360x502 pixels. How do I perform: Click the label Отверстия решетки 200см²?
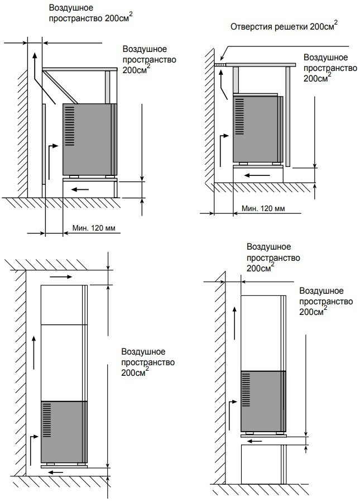click(x=284, y=27)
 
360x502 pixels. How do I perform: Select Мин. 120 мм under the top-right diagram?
click(x=263, y=208)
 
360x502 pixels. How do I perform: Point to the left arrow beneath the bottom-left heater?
click(x=56, y=472)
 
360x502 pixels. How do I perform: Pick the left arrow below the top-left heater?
click(x=79, y=189)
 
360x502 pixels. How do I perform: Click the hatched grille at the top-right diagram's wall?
click(x=221, y=65)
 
